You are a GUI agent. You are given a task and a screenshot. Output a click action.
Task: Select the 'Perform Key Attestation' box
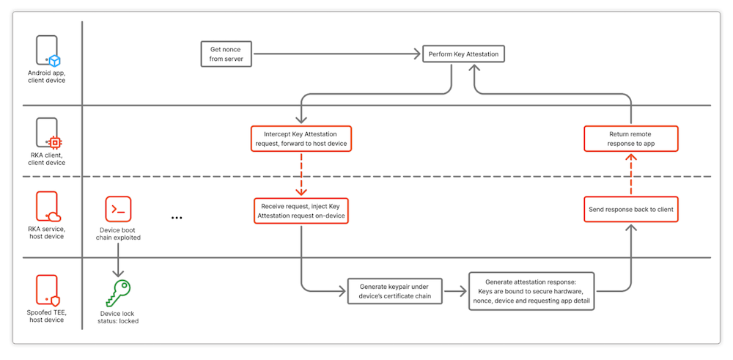tap(464, 54)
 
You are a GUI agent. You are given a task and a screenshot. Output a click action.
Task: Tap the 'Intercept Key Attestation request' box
tap(301, 139)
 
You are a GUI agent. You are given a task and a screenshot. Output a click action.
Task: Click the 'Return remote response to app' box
tap(631, 139)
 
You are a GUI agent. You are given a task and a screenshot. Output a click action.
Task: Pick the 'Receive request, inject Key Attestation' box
tap(301, 211)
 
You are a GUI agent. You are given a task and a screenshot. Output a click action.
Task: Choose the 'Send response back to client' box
tap(631, 210)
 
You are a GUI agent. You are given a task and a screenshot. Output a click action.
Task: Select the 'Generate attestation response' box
tap(531, 291)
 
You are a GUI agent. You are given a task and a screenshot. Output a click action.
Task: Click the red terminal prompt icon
tap(119, 209)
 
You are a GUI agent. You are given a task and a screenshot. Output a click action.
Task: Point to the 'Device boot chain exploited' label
tap(119, 233)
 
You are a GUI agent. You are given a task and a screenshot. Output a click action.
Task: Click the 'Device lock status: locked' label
tap(119, 317)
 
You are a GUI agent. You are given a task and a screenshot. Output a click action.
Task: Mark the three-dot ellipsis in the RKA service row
tap(177, 218)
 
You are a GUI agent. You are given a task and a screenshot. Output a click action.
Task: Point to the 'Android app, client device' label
tap(48, 76)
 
